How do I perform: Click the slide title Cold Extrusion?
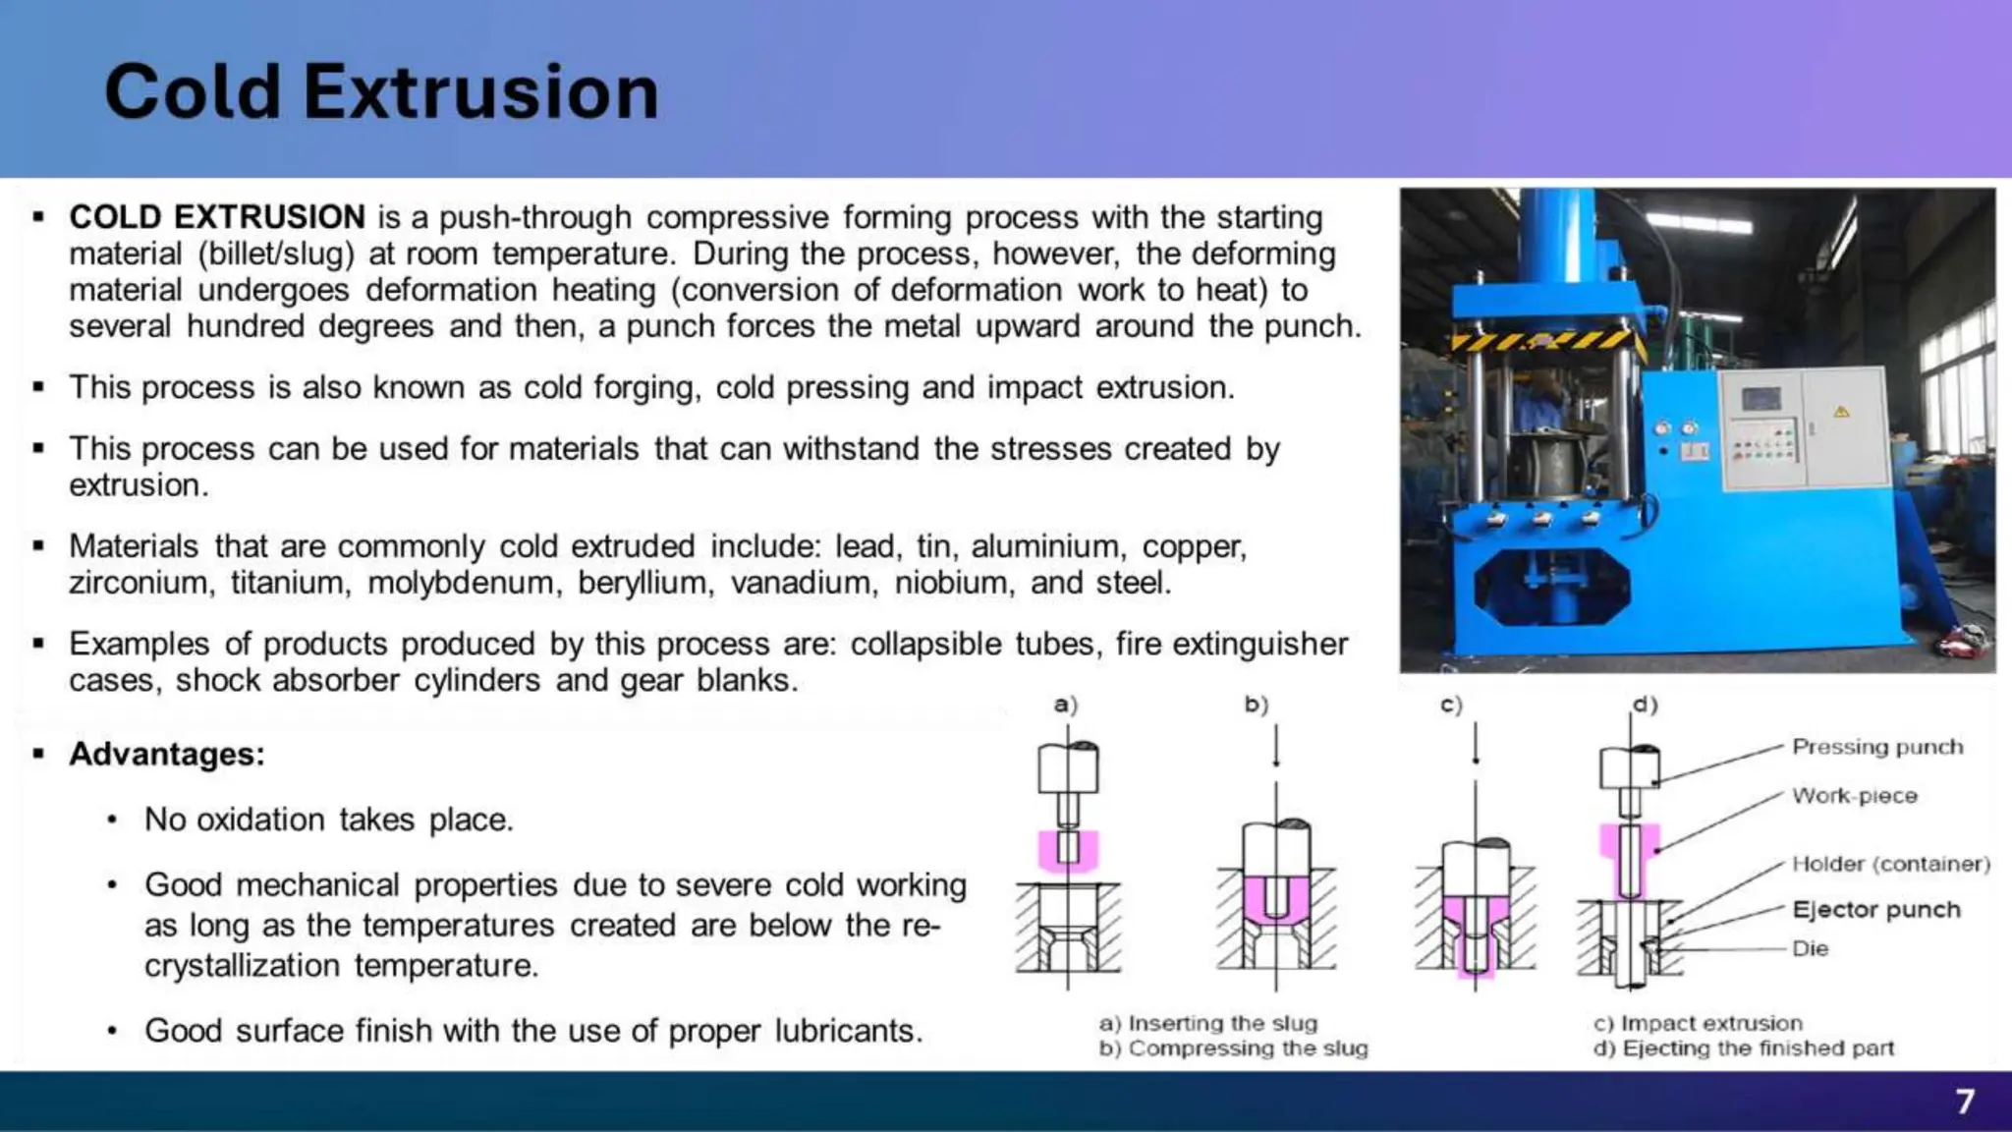tap(381, 92)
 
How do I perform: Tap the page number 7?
tap(1964, 1101)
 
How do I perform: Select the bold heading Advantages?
tap(167, 754)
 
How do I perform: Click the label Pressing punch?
tap(1876, 747)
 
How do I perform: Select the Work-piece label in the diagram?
tap(1854, 796)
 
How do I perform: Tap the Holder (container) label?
tap(1890, 864)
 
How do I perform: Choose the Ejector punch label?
tap(1875, 910)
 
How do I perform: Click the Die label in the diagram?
tap(1810, 948)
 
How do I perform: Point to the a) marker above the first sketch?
tap(1065, 705)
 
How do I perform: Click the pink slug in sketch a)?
tap(1068, 851)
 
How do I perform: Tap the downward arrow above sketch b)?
tap(1276, 748)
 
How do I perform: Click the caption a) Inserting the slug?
tap(1207, 1023)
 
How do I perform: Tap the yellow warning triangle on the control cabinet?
tap(1841, 411)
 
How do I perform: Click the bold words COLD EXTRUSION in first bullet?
tap(217, 217)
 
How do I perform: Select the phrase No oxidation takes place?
tap(329, 820)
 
